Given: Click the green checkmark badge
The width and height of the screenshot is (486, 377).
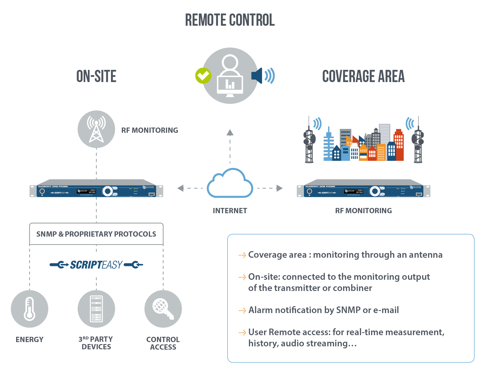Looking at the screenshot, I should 203,76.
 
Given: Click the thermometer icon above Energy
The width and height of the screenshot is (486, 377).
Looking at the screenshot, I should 29,309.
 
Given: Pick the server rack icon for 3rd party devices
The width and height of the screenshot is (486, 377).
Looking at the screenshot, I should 96,309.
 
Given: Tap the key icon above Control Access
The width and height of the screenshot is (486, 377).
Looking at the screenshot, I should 163,309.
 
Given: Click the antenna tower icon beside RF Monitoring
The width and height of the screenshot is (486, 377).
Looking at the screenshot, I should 96,130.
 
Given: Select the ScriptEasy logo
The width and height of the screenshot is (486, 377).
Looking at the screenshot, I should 96,265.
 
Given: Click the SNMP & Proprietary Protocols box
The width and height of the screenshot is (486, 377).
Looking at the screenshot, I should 96,234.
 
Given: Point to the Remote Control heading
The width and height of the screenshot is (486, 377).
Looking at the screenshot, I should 230,20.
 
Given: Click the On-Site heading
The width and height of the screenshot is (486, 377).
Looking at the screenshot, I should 96,76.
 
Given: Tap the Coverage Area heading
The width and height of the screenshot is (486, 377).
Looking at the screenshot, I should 363,76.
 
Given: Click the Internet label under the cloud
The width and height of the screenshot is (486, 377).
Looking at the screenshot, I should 230,211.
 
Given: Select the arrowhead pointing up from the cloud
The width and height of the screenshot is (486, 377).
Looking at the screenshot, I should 230,132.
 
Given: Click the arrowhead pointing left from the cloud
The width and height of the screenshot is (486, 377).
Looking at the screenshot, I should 180,188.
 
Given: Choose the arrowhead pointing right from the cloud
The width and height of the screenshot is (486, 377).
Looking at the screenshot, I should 280,188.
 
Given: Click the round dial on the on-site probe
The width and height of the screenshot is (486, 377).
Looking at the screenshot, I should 107,191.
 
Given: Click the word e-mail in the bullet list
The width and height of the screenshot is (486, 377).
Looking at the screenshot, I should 386,310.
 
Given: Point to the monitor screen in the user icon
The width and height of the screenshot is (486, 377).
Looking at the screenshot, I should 230,84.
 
